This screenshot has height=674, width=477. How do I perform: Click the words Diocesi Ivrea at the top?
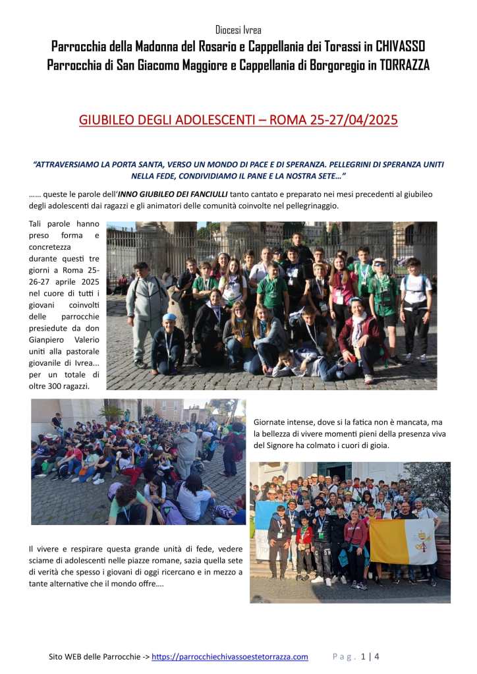[238, 30]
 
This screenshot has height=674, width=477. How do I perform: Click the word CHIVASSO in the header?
[396, 46]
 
